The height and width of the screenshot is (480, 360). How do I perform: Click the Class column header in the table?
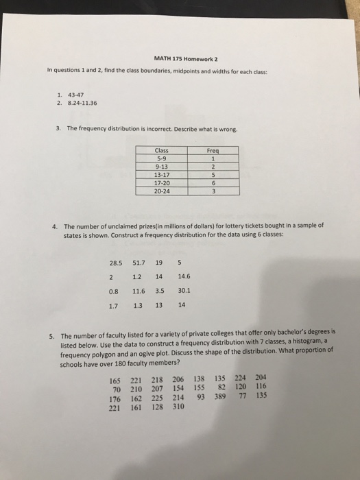(x=163, y=149)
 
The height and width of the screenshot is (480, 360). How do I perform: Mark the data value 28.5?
(x=115, y=261)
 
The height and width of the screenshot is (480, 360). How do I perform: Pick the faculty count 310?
(x=178, y=405)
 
